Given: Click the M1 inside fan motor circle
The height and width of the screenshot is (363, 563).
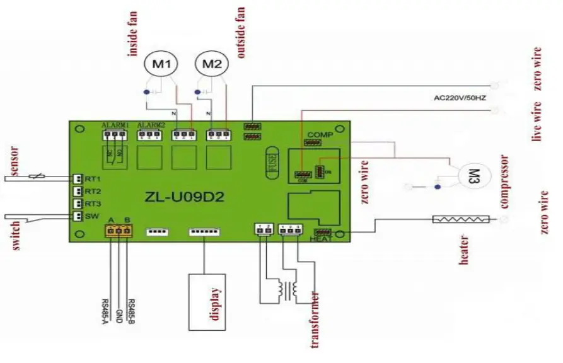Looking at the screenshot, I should coord(162,64).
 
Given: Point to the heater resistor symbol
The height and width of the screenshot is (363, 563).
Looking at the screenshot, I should coord(460,219).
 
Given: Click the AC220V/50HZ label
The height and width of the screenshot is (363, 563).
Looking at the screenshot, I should coord(460,99).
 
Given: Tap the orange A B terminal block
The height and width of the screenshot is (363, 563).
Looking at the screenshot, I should coord(119,231).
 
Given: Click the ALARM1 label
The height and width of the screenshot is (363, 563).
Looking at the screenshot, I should coord(115,124).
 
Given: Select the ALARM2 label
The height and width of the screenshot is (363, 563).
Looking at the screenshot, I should coord(150,124).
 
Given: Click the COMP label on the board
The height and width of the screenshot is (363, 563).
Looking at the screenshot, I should coord(315,135).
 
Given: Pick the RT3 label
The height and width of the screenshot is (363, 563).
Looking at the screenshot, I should coord(94,204).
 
